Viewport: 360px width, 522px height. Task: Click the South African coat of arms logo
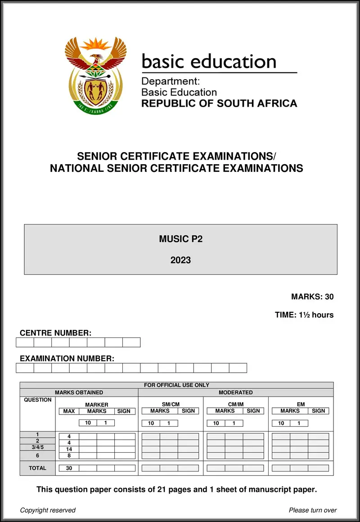pos(95,75)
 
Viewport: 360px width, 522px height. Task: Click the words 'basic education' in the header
pos(209,62)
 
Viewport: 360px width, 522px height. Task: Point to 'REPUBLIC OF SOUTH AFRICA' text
pos(219,103)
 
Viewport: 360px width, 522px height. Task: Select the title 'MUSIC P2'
pos(180,239)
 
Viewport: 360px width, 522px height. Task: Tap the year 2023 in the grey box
pos(180,260)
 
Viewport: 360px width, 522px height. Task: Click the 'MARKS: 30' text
pos(312,297)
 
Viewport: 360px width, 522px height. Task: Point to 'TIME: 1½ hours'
pos(304,315)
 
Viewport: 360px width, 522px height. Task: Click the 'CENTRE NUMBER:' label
pos(55,333)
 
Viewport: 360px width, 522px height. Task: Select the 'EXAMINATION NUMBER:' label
pos(67,359)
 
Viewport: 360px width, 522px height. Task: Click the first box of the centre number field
pos(25,342)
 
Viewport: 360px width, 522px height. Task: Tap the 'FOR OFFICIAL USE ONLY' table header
pos(176,385)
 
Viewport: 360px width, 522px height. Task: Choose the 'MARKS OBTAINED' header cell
pos(79,392)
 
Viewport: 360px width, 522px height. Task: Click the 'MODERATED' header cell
pos(235,392)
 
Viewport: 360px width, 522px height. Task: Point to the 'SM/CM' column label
pos(171,405)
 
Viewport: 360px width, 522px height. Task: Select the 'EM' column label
pos(301,405)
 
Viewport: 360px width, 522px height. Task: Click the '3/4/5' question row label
pos(37,447)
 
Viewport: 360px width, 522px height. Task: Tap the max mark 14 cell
pos(69,449)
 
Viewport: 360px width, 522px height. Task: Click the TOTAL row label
pos(37,468)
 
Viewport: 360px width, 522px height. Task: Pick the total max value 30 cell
pos(69,468)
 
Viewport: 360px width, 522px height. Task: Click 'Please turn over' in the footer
pos(313,510)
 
